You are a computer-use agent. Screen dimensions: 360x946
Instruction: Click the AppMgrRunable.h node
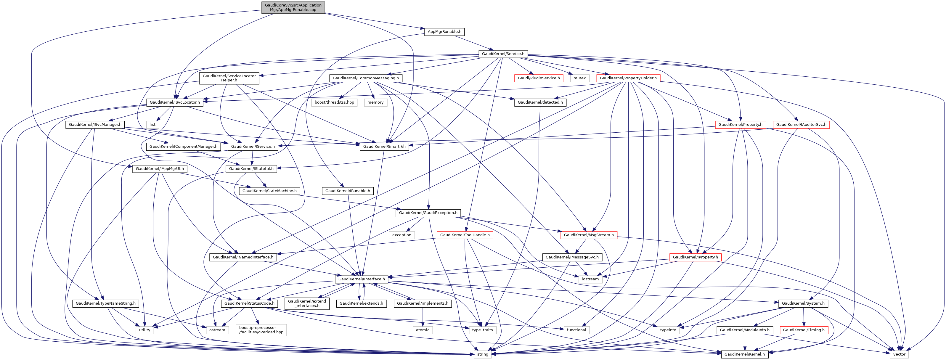pos(444,32)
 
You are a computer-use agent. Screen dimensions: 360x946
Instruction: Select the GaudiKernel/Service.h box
pos(503,54)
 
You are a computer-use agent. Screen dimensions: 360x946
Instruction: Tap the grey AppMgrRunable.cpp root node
pos(293,7)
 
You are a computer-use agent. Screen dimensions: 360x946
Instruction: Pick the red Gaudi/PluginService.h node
pos(539,78)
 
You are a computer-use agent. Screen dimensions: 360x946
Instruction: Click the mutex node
pos(579,78)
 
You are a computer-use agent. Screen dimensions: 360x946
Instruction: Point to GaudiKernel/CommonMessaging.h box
pos(366,78)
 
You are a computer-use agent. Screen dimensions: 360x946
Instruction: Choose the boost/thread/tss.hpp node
pos(334,102)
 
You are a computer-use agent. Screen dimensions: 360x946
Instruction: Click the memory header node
pos(375,102)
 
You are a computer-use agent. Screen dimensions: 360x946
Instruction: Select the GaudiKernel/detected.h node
pos(540,102)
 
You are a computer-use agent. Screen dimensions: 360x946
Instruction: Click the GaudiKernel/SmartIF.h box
pos(385,146)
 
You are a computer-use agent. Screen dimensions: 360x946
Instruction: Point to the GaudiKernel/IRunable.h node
pos(347,191)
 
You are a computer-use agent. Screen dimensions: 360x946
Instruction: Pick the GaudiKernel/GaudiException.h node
pos(428,213)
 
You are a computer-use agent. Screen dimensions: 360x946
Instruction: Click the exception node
pos(402,235)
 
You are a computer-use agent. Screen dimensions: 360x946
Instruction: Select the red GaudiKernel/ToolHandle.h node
pos(465,235)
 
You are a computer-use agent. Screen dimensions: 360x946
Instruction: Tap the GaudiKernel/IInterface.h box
pos(361,279)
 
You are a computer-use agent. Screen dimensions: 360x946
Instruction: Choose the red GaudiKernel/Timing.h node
pos(804,330)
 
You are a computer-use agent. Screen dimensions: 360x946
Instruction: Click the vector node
pos(899,354)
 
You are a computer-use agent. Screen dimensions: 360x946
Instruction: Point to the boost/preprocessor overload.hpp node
pos(261,330)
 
